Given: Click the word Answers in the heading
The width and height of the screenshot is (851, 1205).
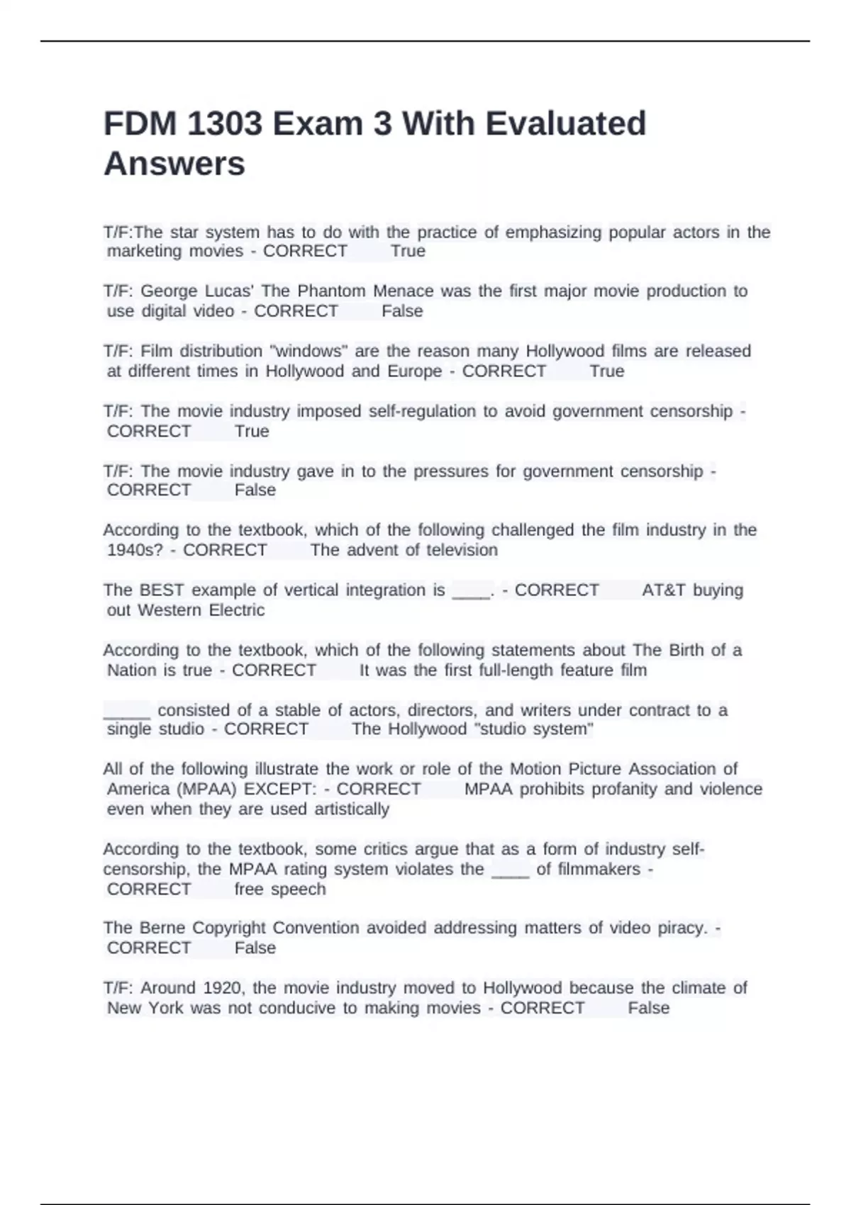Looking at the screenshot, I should tap(174, 164).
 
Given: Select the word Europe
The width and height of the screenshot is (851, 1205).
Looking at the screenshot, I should tap(414, 371).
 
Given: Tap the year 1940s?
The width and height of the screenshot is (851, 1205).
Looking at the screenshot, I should tap(135, 550).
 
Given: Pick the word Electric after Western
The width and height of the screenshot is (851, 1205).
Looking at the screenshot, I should tap(236, 610).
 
